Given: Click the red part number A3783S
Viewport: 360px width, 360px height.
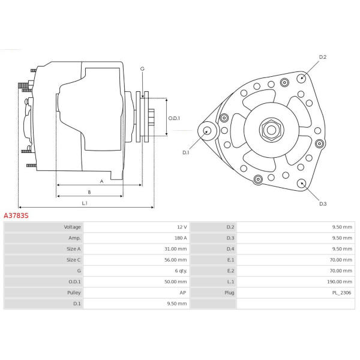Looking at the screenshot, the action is click(16, 215).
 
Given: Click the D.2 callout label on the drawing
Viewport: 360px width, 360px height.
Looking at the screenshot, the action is click(323, 57).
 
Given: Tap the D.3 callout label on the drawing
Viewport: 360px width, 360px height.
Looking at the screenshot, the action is click(323, 203).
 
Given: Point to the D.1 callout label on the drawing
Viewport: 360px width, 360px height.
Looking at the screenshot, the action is click(186, 152).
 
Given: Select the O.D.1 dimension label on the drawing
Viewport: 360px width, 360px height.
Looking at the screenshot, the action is click(174, 118).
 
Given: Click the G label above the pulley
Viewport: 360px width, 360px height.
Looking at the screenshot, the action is click(142, 68).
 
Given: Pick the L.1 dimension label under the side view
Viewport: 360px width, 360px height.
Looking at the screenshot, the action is click(85, 203).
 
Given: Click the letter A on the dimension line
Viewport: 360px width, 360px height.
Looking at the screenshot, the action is click(101, 181).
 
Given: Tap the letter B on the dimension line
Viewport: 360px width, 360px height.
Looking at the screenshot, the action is click(89, 192).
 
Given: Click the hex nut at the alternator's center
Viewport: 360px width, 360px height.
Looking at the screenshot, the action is click(271, 130).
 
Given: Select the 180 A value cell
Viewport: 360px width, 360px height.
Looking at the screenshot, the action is click(181, 238).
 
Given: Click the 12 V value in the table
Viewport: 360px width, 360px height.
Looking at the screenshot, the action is click(182, 227).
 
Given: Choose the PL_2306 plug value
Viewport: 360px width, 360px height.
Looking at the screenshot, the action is click(341, 293).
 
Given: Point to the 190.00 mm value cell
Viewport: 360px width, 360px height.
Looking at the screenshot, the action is click(340, 282).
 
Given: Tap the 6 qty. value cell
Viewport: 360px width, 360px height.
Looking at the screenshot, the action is click(181, 271).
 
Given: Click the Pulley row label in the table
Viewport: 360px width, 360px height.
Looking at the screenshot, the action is click(74, 293).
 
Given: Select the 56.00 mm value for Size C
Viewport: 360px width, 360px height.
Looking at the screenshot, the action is click(175, 260).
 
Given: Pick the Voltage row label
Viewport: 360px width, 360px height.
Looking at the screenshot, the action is click(73, 227).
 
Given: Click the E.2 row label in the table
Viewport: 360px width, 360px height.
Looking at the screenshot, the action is click(230, 271).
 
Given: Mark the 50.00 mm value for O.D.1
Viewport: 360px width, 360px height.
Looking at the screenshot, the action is click(175, 282).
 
